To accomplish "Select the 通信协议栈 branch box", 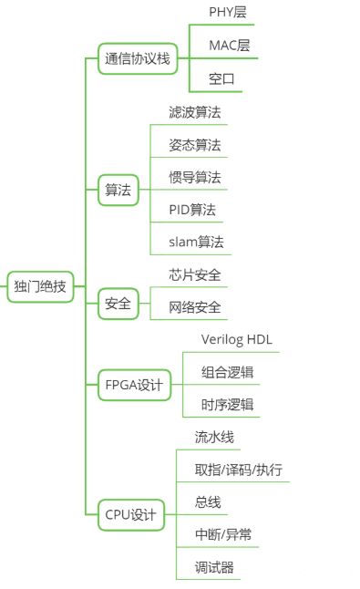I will [137, 60].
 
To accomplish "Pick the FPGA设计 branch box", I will [133, 385].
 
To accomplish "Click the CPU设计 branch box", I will [130, 515].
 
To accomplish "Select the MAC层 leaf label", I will [230, 46].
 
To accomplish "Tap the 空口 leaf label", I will [222, 79].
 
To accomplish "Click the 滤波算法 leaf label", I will [194, 112].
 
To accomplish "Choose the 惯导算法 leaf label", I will [194, 177].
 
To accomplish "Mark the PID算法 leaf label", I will [192, 210].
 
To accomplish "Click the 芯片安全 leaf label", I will [194, 274].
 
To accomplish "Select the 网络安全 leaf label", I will [194, 307].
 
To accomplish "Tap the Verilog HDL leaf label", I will [236, 340].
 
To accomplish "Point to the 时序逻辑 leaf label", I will [227, 405].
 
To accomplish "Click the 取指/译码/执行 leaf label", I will [238, 470].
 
